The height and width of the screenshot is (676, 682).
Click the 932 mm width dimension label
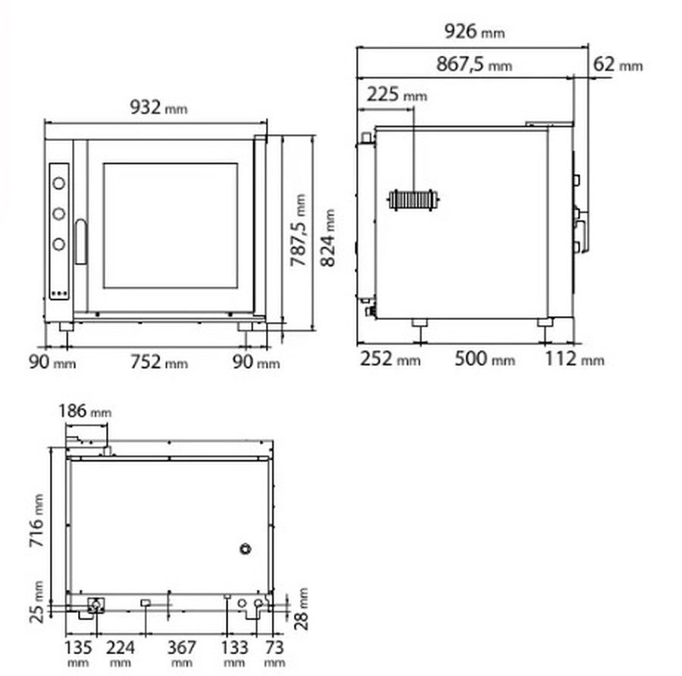click(x=159, y=107)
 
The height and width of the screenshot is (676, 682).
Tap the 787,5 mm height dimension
click(x=299, y=230)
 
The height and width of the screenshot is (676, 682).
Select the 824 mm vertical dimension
click(x=328, y=237)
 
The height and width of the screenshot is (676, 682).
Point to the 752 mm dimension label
click(x=159, y=362)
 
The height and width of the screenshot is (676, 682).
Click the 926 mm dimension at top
click(x=474, y=31)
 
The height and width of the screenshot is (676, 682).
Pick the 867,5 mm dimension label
click(x=474, y=64)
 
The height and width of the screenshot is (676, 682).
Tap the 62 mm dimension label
click(x=618, y=64)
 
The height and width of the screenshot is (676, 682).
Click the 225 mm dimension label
click(x=396, y=94)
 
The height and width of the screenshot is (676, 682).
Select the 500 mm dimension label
click(x=484, y=359)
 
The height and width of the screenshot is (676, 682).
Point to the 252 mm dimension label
click(x=390, y=359)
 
